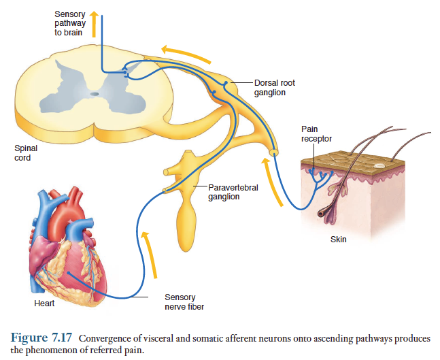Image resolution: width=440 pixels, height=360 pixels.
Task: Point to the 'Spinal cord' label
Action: [26, 152]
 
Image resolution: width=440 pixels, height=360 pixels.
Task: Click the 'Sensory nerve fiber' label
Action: [180, 301]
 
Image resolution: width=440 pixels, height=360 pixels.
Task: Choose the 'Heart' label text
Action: [44, 303]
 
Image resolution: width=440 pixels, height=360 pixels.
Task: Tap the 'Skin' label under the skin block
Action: [338, 240]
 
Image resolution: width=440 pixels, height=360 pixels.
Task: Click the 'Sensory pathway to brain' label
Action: [71, 24]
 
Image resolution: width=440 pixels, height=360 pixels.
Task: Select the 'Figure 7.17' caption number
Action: [41, 338]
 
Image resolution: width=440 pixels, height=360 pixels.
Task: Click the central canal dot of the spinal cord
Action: [94, 93]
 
